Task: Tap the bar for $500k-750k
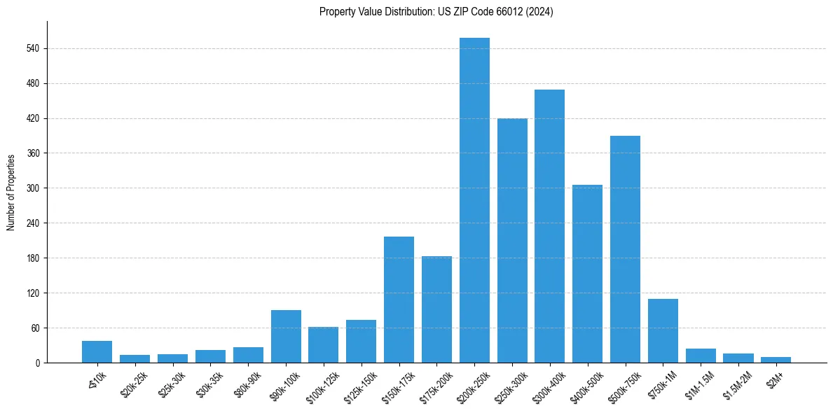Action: (625, 249)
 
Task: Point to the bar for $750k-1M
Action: (663, 330)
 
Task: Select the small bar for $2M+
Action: (776, 360)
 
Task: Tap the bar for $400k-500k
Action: (587, 274)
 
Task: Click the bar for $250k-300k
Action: (512, 241)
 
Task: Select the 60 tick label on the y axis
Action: (39, 328)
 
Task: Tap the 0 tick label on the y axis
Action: (41, 363)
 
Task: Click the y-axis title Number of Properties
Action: (11, 192)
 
